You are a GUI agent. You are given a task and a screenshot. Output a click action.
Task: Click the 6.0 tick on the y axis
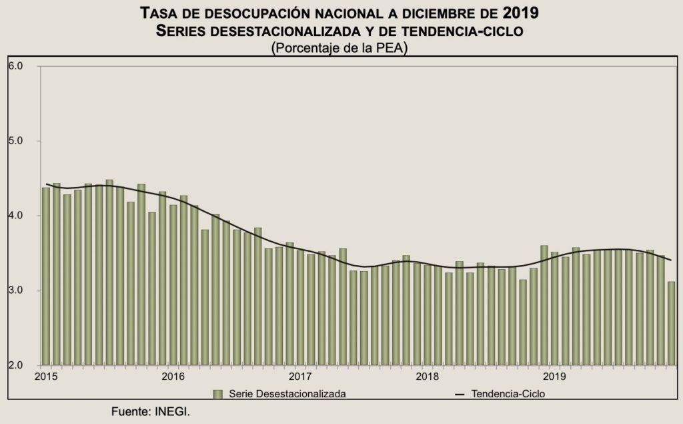point(16,66)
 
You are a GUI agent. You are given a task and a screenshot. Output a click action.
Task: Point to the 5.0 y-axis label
point(16,141)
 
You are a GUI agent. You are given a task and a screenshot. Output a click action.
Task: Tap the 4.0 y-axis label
point(16,216)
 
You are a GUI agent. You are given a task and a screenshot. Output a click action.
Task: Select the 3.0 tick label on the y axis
point(16,290)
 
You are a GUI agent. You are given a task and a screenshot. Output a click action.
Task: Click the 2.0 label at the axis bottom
point(16,365)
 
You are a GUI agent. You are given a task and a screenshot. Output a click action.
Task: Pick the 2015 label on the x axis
point(46,377)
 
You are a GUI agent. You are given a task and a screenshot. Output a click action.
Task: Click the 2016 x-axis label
point(173,377)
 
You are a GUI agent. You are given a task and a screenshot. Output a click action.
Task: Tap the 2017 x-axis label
point(301,377)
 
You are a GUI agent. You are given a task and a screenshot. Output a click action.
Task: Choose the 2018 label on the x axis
point(428,377)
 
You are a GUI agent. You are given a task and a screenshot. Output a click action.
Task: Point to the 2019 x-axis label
point(556,377)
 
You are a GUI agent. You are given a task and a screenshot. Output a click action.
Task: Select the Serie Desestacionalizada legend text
point(287,394)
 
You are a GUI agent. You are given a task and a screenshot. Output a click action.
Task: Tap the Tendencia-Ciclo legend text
point(508,394)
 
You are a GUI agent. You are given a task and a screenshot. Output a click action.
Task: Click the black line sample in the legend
point(460,394)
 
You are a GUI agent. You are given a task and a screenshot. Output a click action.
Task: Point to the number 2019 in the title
point(521,13)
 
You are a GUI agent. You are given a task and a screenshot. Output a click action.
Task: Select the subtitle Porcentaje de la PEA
point(340,48)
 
